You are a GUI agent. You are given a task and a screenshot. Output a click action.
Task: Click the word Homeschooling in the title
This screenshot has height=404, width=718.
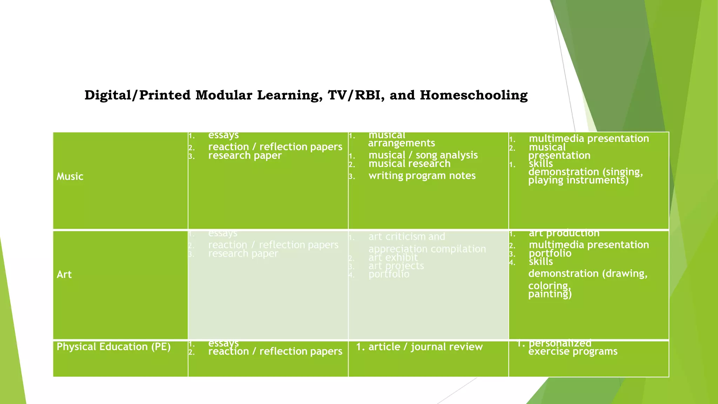(x=474, y=95)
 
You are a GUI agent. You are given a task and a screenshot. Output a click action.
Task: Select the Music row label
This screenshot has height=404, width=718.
(x=70, y=176)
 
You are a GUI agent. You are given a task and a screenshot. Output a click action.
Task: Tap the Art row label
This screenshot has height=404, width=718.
(x=64, y=275)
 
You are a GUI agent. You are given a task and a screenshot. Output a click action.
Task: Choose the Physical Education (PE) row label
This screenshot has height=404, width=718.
(x=114, y=347)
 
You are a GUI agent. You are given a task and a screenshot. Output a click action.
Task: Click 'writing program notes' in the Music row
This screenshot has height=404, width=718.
(x=422, y=176)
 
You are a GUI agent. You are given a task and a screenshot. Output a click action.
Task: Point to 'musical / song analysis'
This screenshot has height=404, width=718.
(x=423, y=155)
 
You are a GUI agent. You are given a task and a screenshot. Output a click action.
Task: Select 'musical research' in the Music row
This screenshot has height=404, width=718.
(x=409, y=164)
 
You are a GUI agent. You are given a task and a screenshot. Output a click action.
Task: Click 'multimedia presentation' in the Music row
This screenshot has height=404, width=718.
(x=589, y=139)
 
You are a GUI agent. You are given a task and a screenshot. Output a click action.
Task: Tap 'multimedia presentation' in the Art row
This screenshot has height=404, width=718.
(x=589, y=245)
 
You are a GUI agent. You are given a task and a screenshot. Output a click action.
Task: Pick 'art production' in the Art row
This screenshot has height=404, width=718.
(x=564, y=233)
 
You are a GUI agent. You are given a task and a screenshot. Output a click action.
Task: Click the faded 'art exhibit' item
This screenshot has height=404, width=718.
(x=393, y=258)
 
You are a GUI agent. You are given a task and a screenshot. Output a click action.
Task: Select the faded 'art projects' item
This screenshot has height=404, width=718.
(x=396, y=266)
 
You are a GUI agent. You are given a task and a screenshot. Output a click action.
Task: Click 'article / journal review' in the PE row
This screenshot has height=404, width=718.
(x=425, y=347)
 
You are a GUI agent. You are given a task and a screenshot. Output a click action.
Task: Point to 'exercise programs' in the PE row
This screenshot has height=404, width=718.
(x=573, y=352)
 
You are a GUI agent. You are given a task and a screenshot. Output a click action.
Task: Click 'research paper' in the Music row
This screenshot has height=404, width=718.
(x=245, y=156)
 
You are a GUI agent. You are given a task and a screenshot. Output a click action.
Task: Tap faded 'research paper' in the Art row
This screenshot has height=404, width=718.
(x=243, y=254)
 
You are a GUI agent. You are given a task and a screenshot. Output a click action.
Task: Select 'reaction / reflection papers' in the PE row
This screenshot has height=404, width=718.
(x=275, y=351)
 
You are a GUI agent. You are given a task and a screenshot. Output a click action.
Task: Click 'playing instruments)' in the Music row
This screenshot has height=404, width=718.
(x=578, y=180)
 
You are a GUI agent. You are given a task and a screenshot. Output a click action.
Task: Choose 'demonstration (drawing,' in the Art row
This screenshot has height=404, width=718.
(x=588, y=274)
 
